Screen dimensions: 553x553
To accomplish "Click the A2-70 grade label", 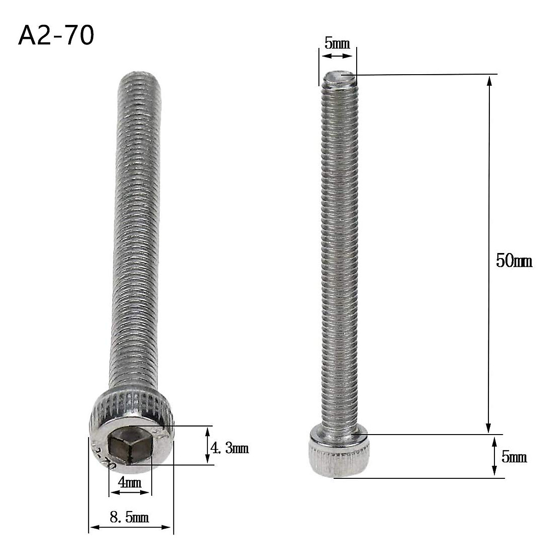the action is click(56, 35).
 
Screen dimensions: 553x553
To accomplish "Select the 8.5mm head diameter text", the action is click(129, 518).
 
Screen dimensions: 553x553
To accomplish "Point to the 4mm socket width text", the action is click(129, 482).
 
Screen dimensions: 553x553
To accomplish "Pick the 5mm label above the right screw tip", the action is click(337, 44).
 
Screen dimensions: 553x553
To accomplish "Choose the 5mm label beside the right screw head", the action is click(514, 457).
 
